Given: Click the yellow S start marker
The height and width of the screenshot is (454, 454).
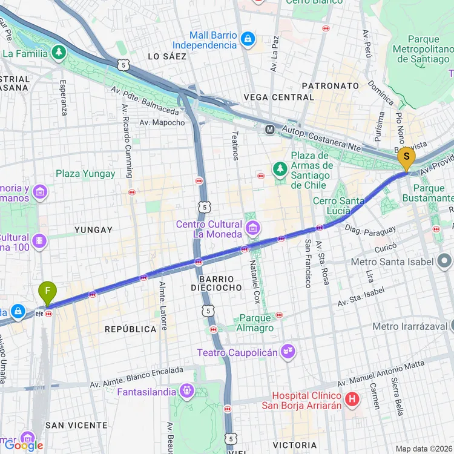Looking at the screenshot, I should tap(406, 160).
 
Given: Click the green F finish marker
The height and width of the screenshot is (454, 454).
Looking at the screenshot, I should tap(47, 293).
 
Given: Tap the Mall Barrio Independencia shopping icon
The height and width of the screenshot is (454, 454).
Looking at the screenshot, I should tap(247, 39).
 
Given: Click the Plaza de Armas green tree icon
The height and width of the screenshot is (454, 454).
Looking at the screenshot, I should tap(280, 169).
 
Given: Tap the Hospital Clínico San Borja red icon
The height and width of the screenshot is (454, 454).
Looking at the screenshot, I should tap(352, 399).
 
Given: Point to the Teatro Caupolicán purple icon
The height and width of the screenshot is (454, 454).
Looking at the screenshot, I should tap(288, 351).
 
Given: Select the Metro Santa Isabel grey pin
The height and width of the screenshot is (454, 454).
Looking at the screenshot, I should tap(445, 262).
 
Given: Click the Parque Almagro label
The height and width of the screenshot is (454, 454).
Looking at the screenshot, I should tap(256, 323).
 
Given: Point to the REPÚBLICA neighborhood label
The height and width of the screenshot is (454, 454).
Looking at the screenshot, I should tap(130, 329).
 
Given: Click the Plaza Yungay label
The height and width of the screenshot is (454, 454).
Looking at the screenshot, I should tap(85, 174).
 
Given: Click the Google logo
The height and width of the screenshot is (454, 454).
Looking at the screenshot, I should tap(24, 446).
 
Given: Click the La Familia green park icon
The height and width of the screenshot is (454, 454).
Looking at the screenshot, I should tap(59, 53).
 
